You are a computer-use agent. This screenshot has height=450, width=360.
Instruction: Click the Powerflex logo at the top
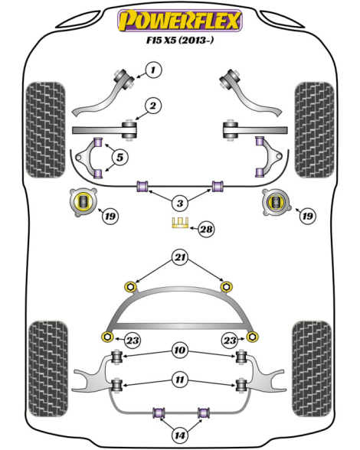point(180,20)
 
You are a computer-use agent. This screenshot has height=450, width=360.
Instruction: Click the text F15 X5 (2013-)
point(180,40)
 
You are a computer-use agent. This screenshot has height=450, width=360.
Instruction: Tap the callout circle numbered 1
point(153,70)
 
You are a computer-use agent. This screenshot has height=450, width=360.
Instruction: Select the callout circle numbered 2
point(153,106)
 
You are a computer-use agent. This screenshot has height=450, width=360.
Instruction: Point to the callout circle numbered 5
point(119,158)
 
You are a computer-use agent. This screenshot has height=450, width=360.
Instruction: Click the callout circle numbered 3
point(180,204)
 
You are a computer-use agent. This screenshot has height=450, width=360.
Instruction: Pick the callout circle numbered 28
point(206,229)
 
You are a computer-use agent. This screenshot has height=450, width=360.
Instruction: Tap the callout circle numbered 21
point(180,257)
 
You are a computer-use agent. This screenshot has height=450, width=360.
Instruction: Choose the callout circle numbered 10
point(180,351)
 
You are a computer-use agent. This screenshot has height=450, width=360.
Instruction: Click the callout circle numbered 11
point(180,380)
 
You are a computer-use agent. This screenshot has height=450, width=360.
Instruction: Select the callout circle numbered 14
point(180,435)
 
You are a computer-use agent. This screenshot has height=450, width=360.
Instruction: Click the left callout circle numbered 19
point(110,216)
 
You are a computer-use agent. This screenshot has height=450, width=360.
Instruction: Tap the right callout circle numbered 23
point(230,341)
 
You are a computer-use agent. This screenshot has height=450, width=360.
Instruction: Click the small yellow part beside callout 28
point(180,223)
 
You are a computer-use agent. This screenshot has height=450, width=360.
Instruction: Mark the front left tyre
point(45,130)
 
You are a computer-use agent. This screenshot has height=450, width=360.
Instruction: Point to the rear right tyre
point(312,369)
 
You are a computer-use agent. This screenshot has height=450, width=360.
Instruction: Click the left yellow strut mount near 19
point(83,202)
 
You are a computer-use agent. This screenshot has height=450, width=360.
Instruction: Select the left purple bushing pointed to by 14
point(159,412)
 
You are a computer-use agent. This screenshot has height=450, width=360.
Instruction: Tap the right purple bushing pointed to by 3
point(218,186)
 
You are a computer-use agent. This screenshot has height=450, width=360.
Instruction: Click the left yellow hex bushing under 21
point(131,286)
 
